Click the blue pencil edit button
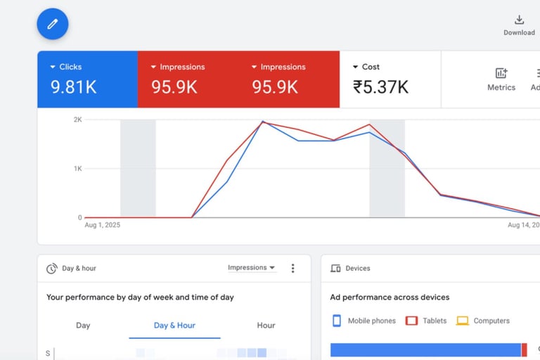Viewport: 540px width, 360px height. click(x=53, y=24)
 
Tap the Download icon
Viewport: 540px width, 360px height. click(x=519, y=20)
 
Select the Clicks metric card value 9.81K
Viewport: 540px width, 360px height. click(x=73, y=86)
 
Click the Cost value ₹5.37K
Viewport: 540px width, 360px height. click(x=380, y=86)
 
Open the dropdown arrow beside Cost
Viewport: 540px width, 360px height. click(x=355, y=67)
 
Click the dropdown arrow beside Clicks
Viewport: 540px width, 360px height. click(x=53, y=67)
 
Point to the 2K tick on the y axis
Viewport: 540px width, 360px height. click(x=77, y=120)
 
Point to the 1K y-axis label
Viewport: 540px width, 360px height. click(x=77, y=169)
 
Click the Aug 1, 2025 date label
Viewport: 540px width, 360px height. click(x=102, y=225)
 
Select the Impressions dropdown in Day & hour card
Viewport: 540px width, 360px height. click(x=252, y=268)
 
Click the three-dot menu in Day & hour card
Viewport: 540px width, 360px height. click(x=293, y=268)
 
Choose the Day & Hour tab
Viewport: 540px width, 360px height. click(x=174, y=326)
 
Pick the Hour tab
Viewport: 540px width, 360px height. click(x=266, y=326)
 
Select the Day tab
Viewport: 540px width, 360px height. click(x=83, y=326)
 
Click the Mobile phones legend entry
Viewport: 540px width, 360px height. click(x=364, y=321)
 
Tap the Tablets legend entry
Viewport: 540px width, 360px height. click(x=427, y=321)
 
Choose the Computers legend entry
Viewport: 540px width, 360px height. click(x=483, y=321)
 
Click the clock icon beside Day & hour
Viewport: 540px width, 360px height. click(x=51, y=269)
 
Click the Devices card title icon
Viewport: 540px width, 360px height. click(x=335, y=269)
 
